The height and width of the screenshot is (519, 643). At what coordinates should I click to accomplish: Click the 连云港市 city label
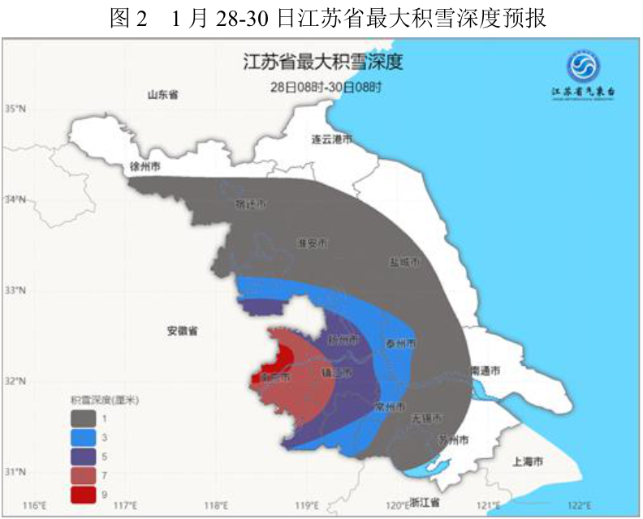coord(332,139)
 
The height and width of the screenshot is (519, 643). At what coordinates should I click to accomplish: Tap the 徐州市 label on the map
coord(145,166)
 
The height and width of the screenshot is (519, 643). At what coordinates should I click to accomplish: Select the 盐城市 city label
coord(404,263)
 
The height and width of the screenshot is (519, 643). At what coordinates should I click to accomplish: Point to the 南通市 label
coord(485,371)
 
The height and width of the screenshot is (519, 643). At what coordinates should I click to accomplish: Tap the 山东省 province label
coord(162,95)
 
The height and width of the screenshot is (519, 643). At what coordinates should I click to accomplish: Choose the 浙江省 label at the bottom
coord(424,502)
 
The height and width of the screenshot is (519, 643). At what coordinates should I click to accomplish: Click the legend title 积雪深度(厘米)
coord(105,400)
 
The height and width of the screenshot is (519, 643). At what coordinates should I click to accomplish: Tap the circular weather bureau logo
coord(582,66)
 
